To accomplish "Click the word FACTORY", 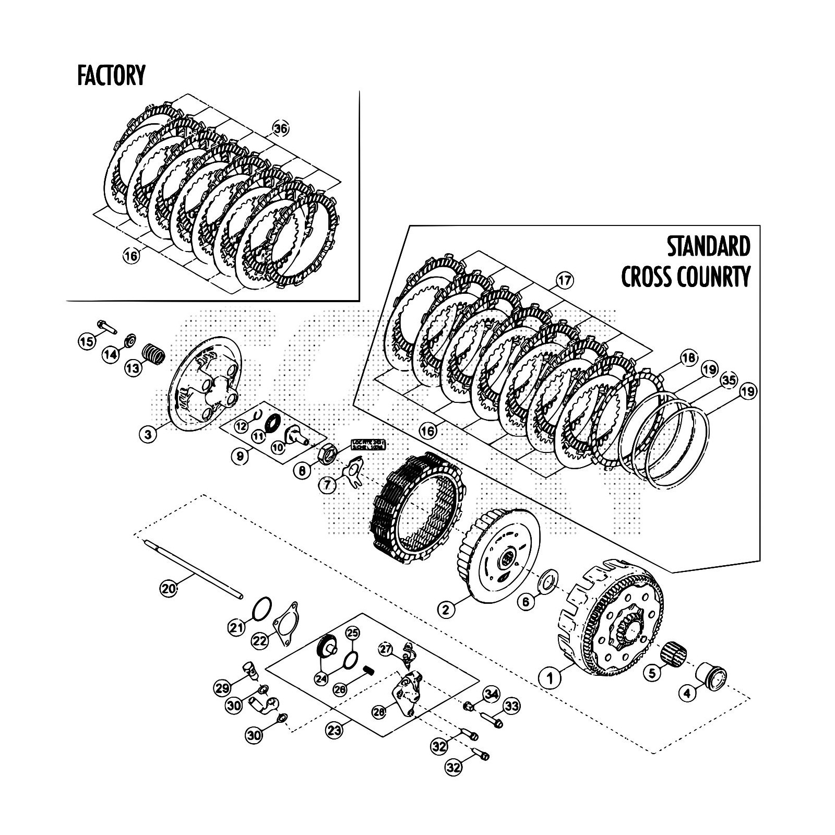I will tap(111, 75).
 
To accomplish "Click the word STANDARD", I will tap(708, 247).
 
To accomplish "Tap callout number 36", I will tap(280, 129).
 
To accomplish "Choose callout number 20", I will tap(168, 589).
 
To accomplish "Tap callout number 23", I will tap(335, 730).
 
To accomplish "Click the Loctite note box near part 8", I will tap(368, 444).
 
